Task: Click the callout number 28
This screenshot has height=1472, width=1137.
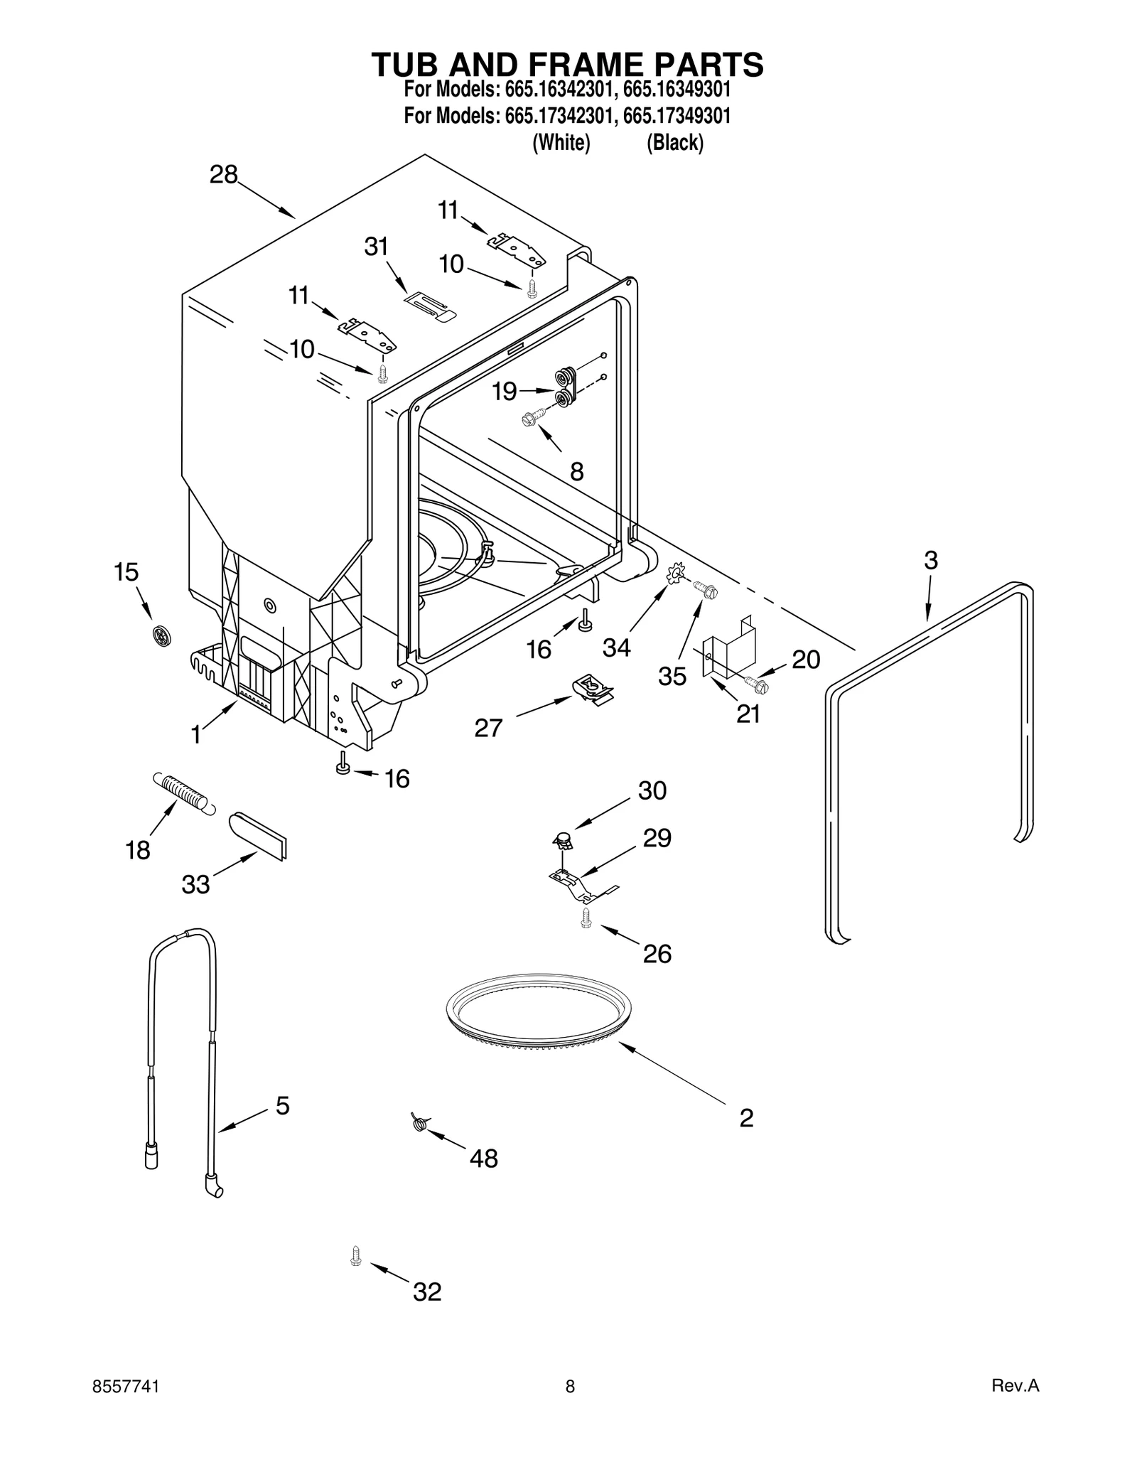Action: [223, 175]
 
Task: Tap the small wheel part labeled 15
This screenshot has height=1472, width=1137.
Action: [162, 635]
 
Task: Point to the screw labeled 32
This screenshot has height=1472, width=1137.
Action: [356, 1256]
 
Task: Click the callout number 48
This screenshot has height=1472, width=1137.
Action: [483, 1159]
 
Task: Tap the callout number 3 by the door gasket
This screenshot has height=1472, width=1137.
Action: [931, 560]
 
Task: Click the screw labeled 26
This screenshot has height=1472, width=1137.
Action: [586, 918]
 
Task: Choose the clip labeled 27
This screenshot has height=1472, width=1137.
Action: [593, 688]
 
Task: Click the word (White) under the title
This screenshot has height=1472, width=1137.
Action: [561, 143]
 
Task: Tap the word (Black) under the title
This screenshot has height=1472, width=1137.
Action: [674, 143]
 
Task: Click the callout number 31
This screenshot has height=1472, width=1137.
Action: [376, 247]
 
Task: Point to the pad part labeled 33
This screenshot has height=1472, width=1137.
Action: [258, 837]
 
